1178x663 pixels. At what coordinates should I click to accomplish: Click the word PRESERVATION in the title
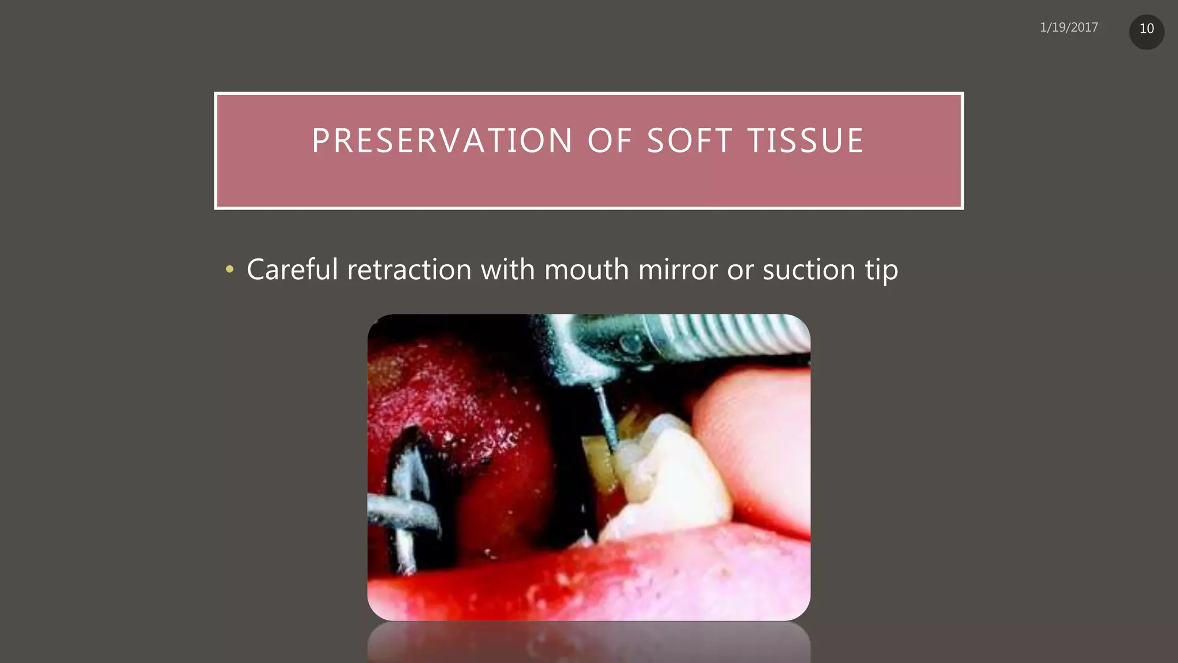point(442,141)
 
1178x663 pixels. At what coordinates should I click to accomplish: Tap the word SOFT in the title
point(689,141)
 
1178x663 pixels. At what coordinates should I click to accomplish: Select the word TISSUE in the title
point(805,141)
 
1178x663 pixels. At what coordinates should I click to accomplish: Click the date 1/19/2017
point(1069,28)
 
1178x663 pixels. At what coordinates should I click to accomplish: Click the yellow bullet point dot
point(230,269)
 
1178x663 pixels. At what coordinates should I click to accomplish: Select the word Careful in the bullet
point(292,269)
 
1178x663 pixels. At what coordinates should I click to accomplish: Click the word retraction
point(410,269)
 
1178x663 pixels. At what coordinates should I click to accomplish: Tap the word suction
point(809,269)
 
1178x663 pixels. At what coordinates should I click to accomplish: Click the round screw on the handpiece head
point(631,344)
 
